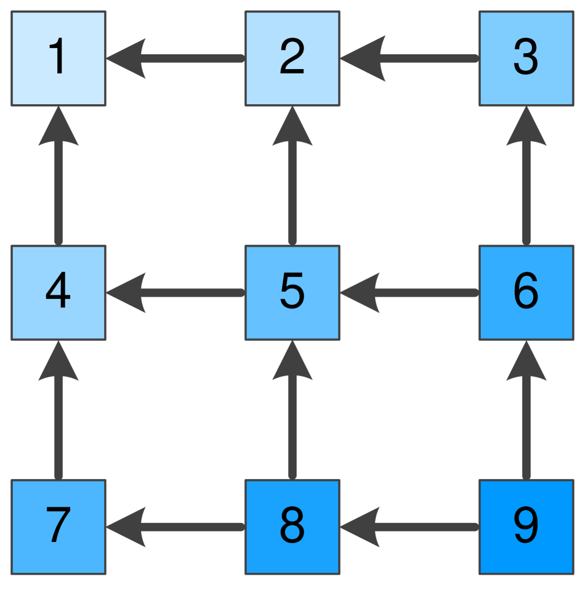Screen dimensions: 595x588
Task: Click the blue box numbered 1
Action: point(58,59)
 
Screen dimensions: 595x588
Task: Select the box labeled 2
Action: point(292,59)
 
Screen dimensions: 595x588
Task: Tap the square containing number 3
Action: point(526,59)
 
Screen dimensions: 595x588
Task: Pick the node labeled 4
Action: point(58,292)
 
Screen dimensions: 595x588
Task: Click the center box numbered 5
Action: point(292,292)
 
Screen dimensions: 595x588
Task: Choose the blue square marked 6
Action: point(526,292)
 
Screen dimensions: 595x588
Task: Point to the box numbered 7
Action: point(58,527)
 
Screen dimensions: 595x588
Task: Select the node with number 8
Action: point(292,527)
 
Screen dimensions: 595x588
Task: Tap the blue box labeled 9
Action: point(526,527)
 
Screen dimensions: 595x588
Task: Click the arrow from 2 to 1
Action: point(175,59)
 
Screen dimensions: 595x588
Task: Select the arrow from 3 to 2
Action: point(409,59)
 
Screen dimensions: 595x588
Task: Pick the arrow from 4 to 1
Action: point(58,176)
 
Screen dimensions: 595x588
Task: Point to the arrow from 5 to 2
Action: point(292,176)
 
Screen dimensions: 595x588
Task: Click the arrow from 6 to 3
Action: point(526,176)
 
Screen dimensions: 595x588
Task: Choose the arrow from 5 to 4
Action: point(175,292)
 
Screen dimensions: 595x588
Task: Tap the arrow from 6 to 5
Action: point(409,292)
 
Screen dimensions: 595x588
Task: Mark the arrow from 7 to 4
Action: point(58,409)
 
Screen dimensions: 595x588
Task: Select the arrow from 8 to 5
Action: point(292,409)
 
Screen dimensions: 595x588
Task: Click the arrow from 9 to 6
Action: point(526,409)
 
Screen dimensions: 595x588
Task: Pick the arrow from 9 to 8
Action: point(409,527)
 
